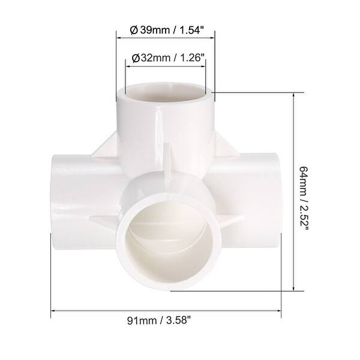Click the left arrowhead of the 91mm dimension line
[x=53, y=311]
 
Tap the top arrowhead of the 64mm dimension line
[x=293, y=97]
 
